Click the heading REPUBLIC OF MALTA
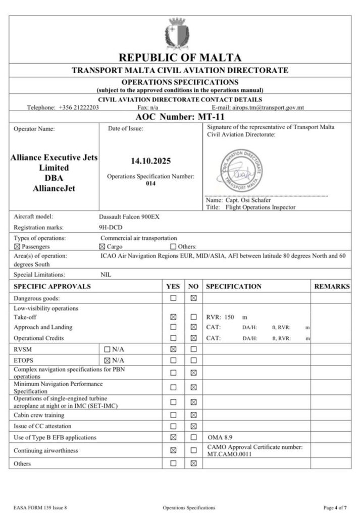(x=180, y=58)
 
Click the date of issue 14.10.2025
(x=151, y=162)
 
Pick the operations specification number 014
(x=151, y=184)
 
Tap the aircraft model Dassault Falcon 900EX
(x=131, y=217)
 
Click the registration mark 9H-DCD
(x=110, y=227)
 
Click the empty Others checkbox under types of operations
(x=174, y=247)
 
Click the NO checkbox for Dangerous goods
(x=193, y=298)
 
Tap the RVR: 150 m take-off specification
(x=227, y=318)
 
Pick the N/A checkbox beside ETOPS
(x=107, y=360)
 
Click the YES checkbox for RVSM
(x=173, y=349)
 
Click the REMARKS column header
(x=332, y=286)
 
